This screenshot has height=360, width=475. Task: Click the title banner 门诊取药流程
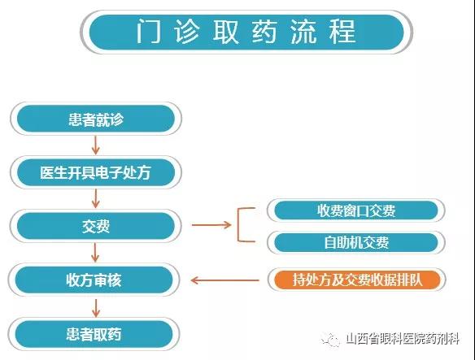coord(246,32)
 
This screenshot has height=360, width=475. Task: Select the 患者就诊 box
coord(96,119)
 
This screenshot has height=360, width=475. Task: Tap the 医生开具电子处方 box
coord(96,172)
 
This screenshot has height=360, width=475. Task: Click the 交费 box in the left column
coord(96,226)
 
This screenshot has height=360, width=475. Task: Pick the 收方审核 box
coord(94,280)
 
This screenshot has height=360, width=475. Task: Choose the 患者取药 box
coord(94,334)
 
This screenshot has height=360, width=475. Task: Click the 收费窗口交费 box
coord(356,210)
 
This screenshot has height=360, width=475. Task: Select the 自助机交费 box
coord(356,242)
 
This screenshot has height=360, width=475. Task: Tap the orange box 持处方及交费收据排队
coord(357,280)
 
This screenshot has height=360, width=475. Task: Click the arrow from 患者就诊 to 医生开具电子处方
coord(96,145)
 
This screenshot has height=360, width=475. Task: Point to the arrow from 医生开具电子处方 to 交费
coord(96,198)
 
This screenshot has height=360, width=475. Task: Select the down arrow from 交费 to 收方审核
coord(95,253)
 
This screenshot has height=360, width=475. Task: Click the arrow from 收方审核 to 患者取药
coord(96,308)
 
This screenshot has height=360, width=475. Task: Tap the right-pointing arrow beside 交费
coord(211,224)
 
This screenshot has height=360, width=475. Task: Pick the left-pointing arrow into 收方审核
coord(224,280)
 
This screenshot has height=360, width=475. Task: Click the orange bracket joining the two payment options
coord(238,225)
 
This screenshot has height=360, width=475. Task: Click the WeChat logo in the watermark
coord(330,340)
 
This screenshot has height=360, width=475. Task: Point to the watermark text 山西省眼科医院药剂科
coord(403,339)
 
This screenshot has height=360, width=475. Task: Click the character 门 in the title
coord(148,32)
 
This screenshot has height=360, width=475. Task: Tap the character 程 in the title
coord(342,32)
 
